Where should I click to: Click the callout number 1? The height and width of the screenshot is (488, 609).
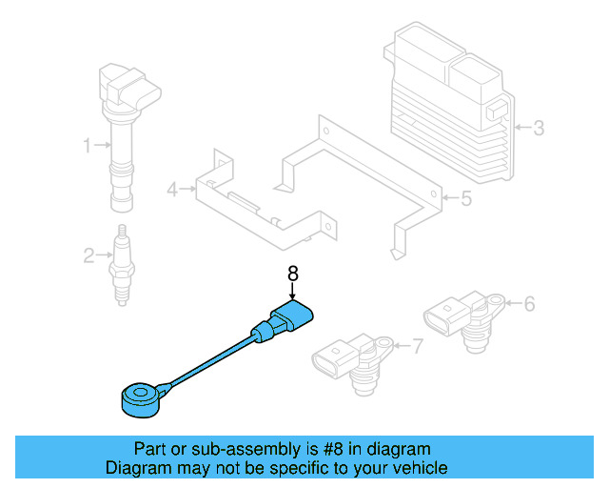[87, 146]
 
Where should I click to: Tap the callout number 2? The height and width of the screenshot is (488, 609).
[88, 254]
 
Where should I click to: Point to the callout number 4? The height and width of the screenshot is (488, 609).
[172, 190]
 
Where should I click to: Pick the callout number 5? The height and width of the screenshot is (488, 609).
[465, 199]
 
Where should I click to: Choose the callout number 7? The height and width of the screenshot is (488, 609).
[416, 345]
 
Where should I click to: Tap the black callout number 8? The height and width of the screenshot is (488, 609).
[293, 274]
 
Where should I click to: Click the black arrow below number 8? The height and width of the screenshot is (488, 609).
[293, 294]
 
